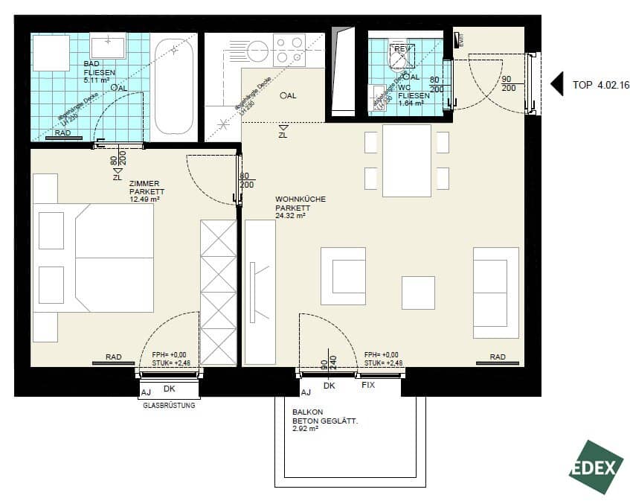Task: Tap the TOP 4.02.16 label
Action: (x=601, y=85)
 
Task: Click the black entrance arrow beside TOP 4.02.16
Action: (x=556, y=84)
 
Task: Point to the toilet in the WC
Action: (x=402, y=60)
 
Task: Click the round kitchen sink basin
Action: (x=257, y=51)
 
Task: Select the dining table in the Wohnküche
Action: (x=406, y=161)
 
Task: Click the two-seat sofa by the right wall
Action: (x=495, y=293)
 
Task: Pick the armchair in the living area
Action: (x=343, y=276)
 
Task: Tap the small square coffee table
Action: (x=418, y=293)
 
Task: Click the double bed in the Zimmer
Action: (x=93, y=258)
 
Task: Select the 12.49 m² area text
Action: (x=144, y=200)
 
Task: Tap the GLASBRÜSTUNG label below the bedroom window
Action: (x=169, y=406)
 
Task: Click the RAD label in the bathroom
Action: (x=64, y=133)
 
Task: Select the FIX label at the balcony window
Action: (x=368, y=386)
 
